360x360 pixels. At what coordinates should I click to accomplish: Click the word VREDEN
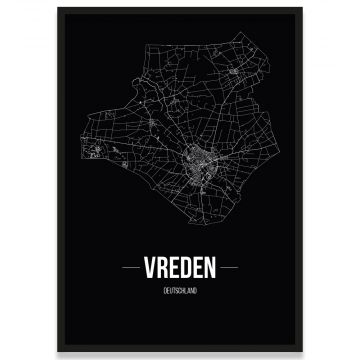point(180,269)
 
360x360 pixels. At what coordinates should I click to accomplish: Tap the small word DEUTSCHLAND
point(180,289)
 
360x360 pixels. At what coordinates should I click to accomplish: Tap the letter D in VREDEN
point(186,269)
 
